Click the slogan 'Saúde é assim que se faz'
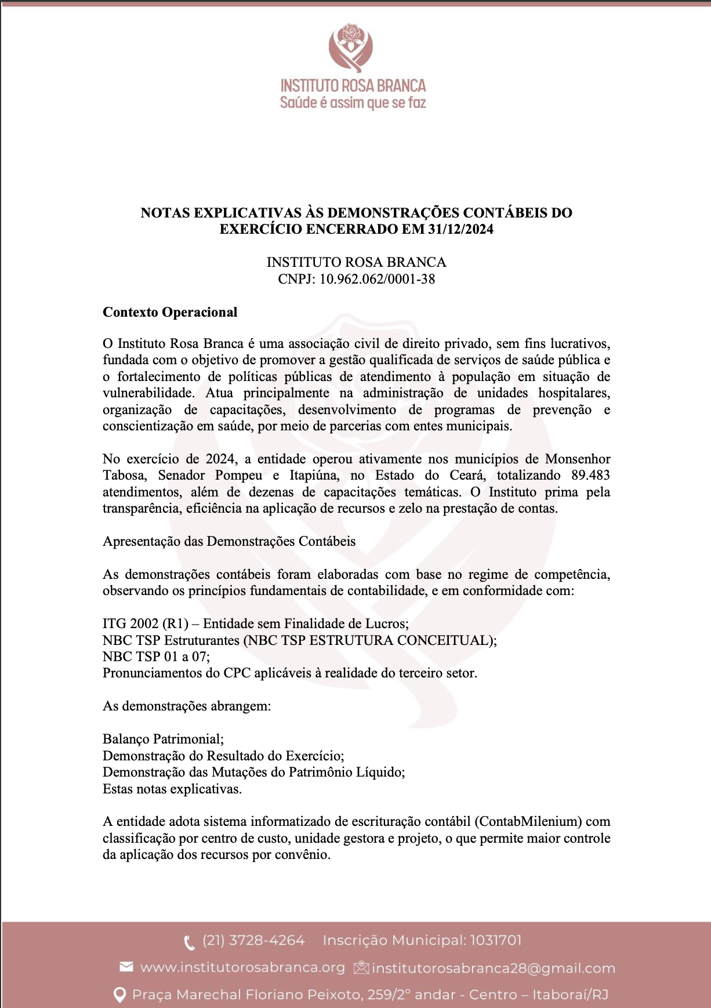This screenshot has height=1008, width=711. [353, 103]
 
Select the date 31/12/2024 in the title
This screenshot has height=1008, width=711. [460, 229]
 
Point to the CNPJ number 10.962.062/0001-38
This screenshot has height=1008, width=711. [377, 279]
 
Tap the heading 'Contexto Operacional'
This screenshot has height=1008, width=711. [170, 312]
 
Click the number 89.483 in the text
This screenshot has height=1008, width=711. [590, 476]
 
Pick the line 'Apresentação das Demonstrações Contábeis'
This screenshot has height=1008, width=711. [229, 541]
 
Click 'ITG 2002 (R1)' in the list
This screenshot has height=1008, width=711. [146, 624]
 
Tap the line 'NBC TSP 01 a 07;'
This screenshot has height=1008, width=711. [156, 657]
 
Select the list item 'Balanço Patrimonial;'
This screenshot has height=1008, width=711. [163, 739]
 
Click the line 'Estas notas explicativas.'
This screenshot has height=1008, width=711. [172, 789]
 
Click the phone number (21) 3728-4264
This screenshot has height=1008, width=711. [253, 940]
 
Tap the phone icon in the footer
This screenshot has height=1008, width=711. [189, 942]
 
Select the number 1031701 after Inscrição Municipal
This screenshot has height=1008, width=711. [495, 940]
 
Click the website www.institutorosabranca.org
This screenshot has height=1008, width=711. [242, 967]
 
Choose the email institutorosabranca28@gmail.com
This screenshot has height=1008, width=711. [493, 969]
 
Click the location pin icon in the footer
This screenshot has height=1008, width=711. [119, 995]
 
